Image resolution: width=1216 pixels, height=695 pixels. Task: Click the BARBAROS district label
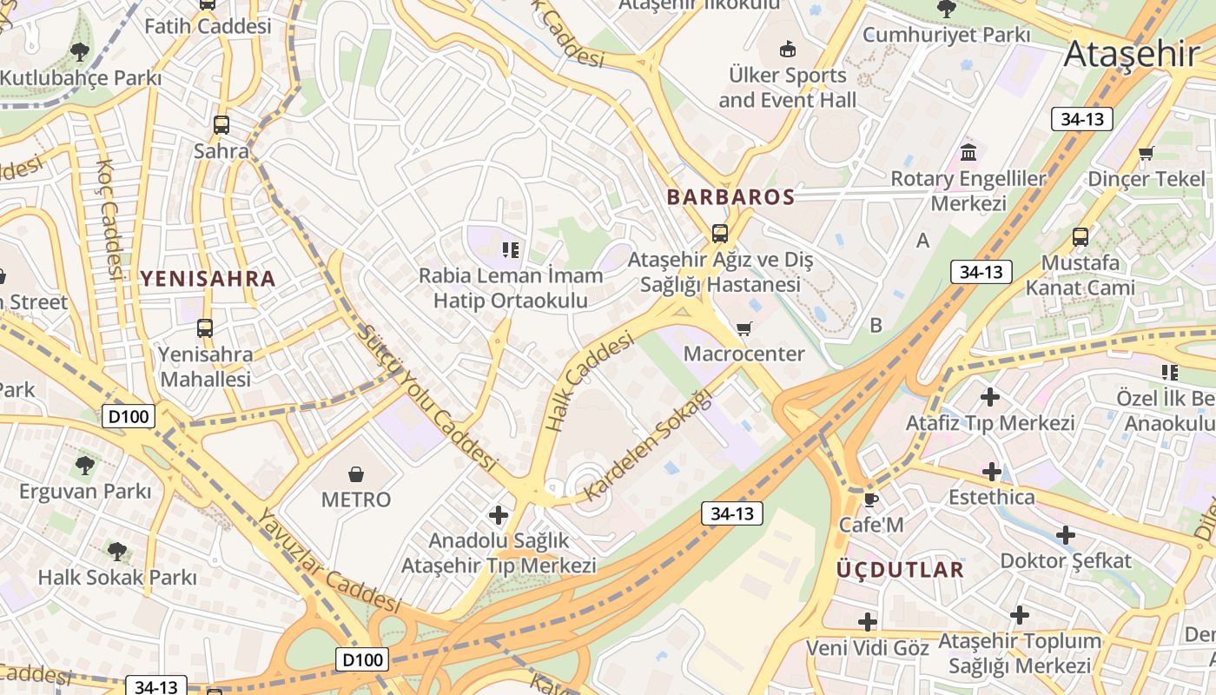tap(730, 197)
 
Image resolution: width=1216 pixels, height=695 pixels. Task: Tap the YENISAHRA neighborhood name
tap(208, 279)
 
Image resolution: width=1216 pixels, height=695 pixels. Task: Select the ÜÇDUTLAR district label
tap(900, 570)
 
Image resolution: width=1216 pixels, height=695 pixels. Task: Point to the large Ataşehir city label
tap(1131, 54)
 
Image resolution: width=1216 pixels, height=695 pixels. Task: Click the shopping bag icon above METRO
tap(356, 474)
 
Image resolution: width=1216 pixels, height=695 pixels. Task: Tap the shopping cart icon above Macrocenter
tap(743, 328)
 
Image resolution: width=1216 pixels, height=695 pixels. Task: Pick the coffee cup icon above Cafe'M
tap(870, 500)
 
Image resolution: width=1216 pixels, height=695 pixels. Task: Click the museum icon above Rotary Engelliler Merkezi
tap(968, 154)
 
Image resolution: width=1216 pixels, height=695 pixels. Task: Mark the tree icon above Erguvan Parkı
tap(85, 466)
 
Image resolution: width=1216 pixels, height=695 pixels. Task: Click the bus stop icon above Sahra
tap(221, 125)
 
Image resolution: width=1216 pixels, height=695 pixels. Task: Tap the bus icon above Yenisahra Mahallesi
tap(205, 328)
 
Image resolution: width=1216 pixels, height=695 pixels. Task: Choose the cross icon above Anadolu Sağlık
tap(499, 515)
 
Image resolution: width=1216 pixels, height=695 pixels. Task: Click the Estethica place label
tap(992, 497)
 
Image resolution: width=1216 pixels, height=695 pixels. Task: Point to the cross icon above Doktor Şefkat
tap(1066, 535)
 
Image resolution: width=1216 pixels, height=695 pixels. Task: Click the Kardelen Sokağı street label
tap(648, 445)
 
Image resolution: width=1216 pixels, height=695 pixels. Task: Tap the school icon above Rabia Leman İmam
tap(511, 250)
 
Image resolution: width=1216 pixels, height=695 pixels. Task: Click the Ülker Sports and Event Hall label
tap(788, 88)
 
